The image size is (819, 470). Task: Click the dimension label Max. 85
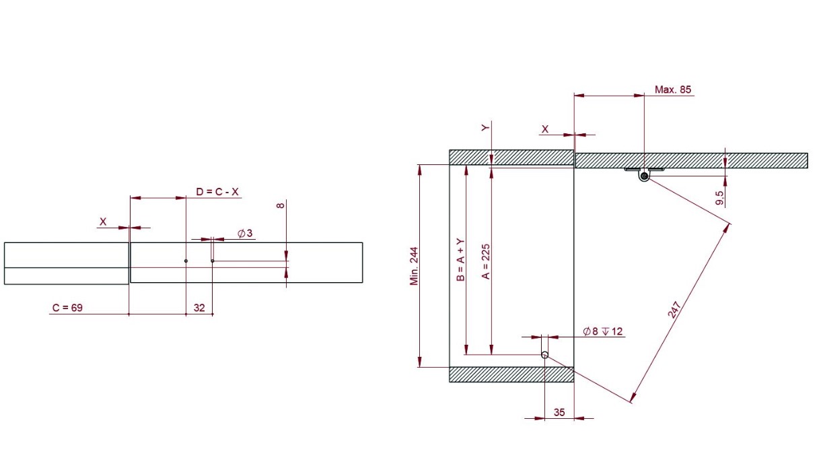(x=672, y=90)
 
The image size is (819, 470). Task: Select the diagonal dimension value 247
(x=676, y=308)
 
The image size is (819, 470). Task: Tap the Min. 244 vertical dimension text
(x=414, y=265)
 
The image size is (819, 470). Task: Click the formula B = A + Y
(x=460, y=259)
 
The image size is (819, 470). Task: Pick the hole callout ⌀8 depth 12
(x=603, y=331)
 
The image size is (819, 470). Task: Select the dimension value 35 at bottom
(x=559, y=413)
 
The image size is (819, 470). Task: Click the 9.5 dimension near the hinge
(x=720, y=197)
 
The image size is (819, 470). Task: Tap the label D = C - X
(x=217, y=192)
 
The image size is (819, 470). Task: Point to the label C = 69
(x=67, y=308)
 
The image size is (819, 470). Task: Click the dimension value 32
(x=199, y=308)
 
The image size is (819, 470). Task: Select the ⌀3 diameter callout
(x=245, y=234)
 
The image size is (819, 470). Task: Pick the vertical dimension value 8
(x=281, y=205)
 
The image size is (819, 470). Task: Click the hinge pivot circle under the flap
(x=644, y=176)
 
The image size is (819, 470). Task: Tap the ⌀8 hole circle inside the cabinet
(x=544, y=355)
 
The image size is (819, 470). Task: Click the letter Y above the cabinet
(x=485, y=127)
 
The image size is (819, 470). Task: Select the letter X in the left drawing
(x=103, y=221)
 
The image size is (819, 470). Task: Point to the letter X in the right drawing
(x=545, y=129)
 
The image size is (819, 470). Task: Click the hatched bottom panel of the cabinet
(x=511, y=374)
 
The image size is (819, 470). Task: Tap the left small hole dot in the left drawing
(x=186, y=261)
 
